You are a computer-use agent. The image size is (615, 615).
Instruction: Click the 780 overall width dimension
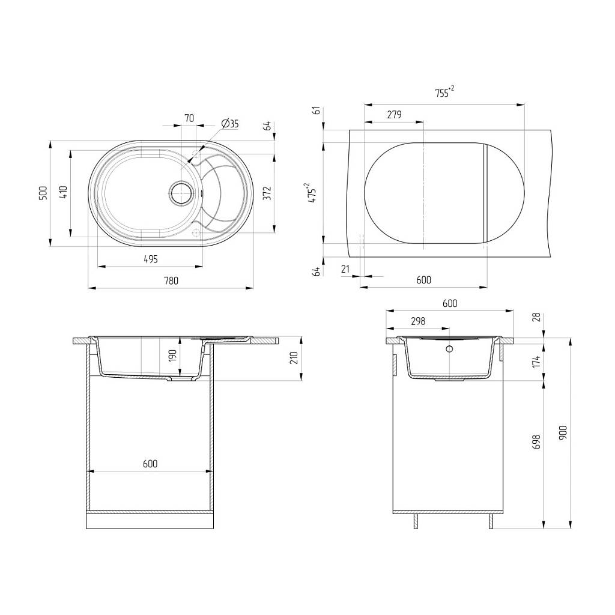pos(171,280)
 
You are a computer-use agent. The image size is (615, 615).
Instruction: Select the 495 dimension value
pos(151,259)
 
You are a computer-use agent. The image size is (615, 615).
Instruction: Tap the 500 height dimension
pos(43,193)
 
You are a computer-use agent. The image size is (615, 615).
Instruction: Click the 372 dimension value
pos(267,193)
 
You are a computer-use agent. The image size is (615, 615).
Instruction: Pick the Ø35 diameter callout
pos(230,124)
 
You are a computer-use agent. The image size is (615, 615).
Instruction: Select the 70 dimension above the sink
pos(189,118)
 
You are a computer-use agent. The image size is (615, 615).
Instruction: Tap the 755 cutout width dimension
pos(444,92)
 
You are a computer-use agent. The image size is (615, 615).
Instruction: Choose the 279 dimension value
pos(394,114)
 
